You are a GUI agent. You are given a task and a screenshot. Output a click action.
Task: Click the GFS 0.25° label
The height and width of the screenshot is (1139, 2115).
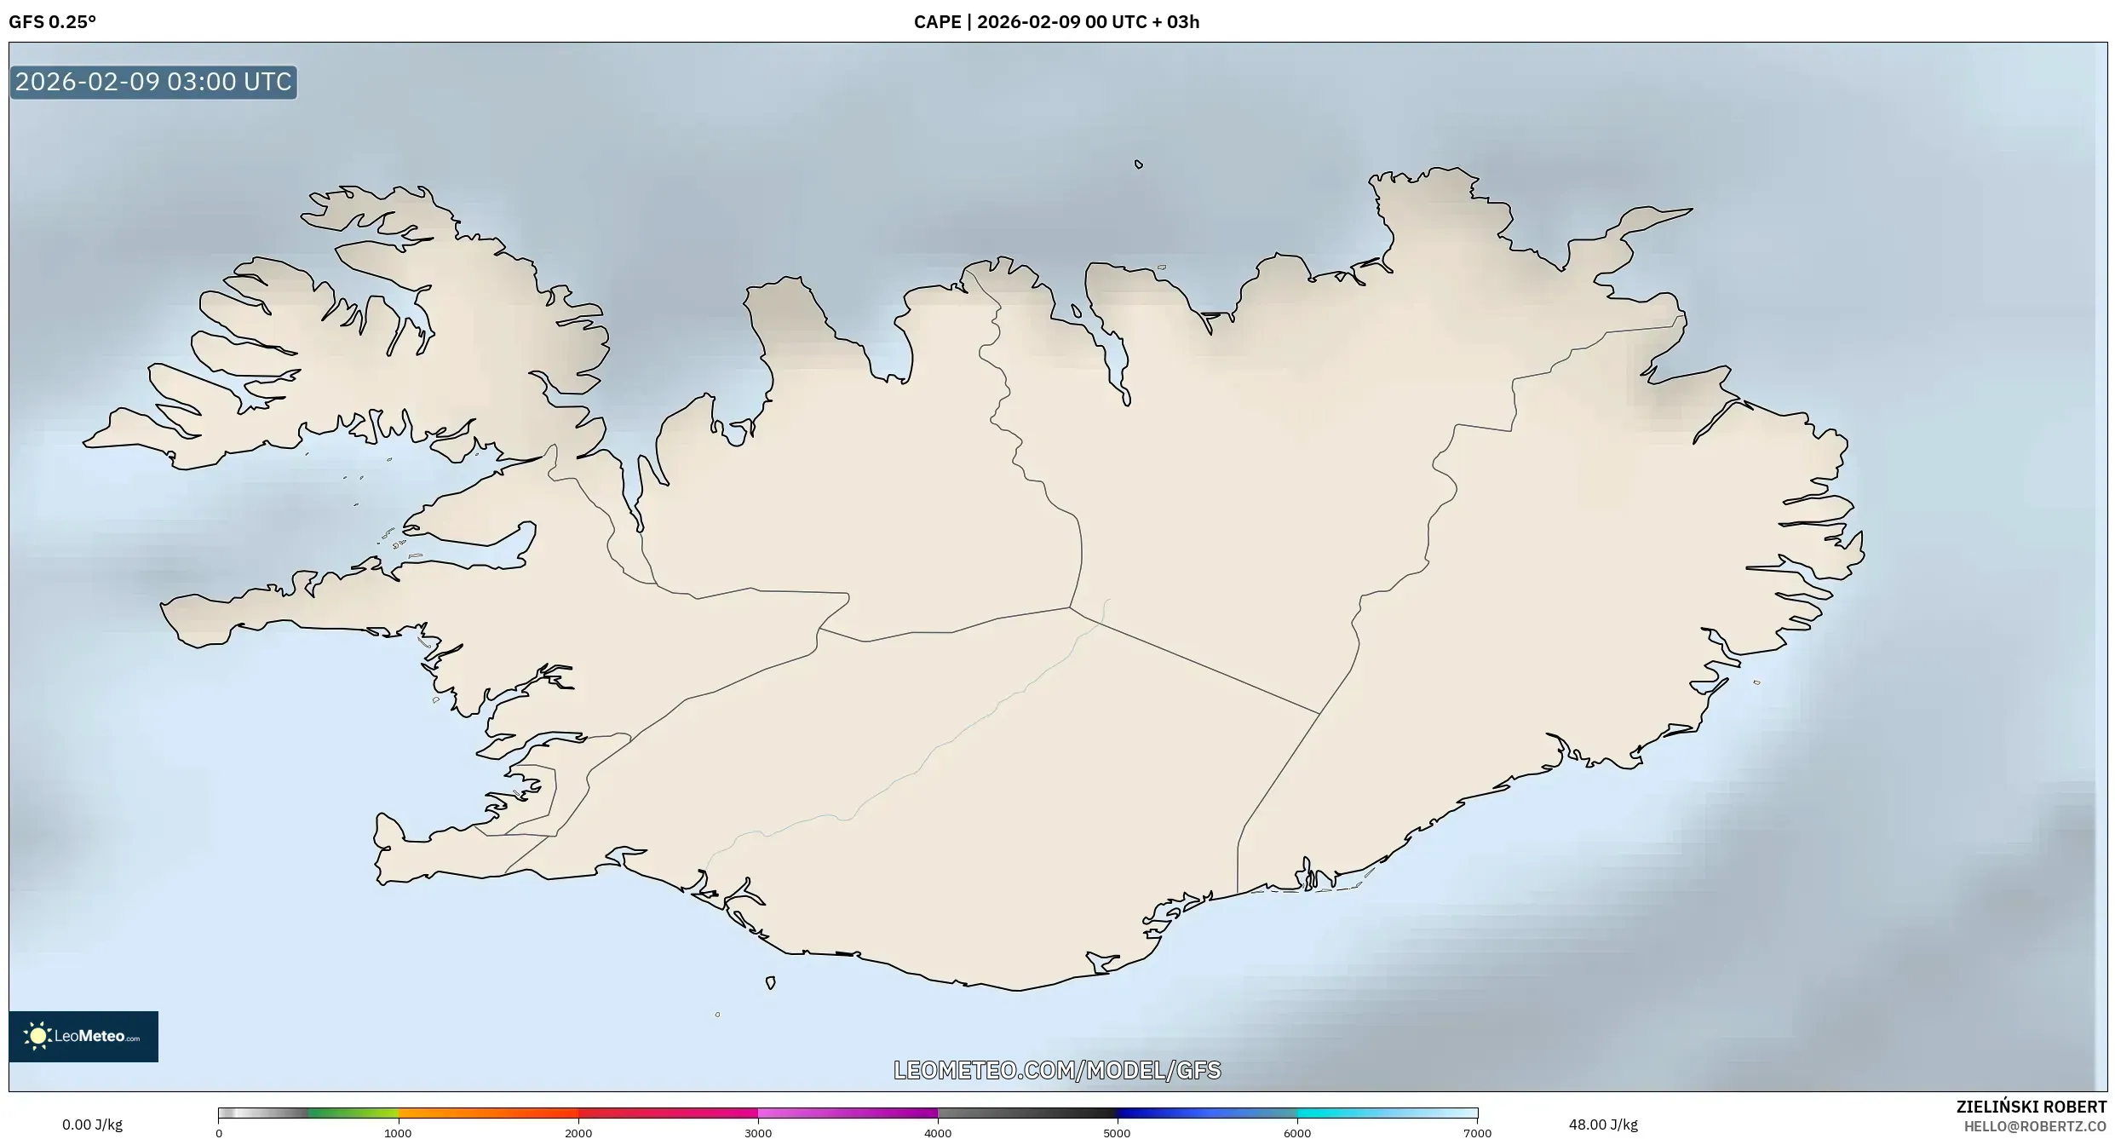coord(52,22)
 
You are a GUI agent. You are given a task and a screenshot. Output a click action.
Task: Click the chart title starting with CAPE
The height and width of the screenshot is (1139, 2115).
coord(1056,22)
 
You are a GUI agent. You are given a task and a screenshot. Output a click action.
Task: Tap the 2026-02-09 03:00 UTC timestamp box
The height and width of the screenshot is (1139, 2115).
coord(153,83)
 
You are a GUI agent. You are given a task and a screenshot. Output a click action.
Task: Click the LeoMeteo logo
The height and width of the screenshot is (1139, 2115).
coord(83,1036)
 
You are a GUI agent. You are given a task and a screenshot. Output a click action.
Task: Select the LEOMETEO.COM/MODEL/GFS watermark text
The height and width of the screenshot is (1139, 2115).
coord(1057,1070)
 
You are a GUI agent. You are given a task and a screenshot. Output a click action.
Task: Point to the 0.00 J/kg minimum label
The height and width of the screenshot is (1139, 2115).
coord(92,1125)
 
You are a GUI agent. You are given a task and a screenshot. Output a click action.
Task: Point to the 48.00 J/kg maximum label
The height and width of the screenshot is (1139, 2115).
coord(1603,1125)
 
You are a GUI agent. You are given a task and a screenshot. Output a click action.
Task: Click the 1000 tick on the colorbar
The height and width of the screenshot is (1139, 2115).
coord(398,1133)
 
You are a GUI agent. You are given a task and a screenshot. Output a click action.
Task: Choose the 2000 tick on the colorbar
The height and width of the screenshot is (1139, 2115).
coord(578,1133)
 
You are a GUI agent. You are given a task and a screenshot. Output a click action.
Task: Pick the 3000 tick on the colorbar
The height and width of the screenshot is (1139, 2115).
coord(758,1133)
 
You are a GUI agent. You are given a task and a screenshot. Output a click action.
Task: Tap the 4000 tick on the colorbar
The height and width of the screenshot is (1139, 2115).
coord(938,1133)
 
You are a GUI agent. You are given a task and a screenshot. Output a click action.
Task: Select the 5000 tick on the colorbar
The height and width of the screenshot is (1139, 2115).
coord(1117,1133)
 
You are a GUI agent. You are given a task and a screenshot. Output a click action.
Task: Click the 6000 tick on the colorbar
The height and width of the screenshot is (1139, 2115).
coord(1297,1133)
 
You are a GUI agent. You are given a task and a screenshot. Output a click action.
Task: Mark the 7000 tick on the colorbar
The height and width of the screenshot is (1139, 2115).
coord(1477,1133)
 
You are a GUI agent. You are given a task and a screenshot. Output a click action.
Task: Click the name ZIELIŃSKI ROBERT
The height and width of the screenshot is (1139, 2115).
coord(2031,1107)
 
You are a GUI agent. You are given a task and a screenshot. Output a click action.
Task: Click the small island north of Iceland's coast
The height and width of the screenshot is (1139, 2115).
coord(1139,164)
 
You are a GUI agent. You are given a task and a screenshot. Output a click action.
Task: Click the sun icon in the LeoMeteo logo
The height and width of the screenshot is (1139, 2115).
coord(37,1036)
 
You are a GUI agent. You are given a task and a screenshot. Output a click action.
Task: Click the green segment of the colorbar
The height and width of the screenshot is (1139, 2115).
coord(353,1113)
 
